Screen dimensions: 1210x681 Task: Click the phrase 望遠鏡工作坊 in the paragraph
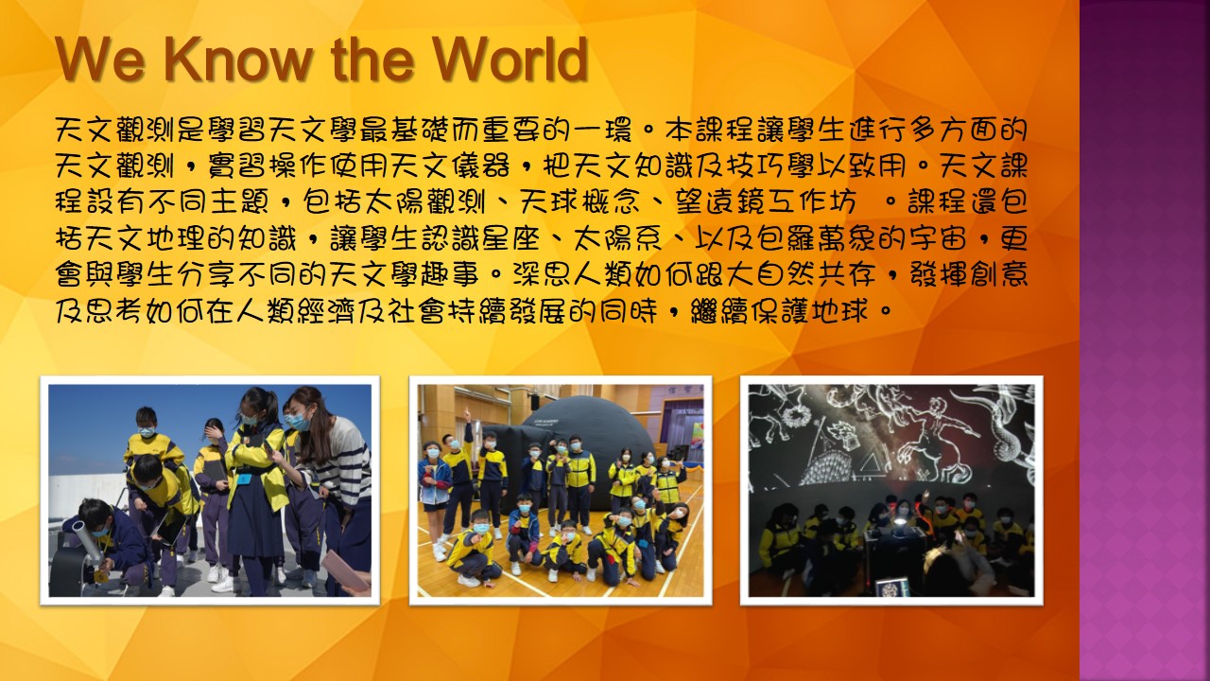[765, 201]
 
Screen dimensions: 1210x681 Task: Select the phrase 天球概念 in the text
[579, 201]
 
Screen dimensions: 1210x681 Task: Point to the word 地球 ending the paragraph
[840, 311]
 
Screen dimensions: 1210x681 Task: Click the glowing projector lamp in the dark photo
[897, 522]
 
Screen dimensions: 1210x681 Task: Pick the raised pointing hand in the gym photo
[467, 415]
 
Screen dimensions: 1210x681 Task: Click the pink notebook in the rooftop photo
[346, 569]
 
